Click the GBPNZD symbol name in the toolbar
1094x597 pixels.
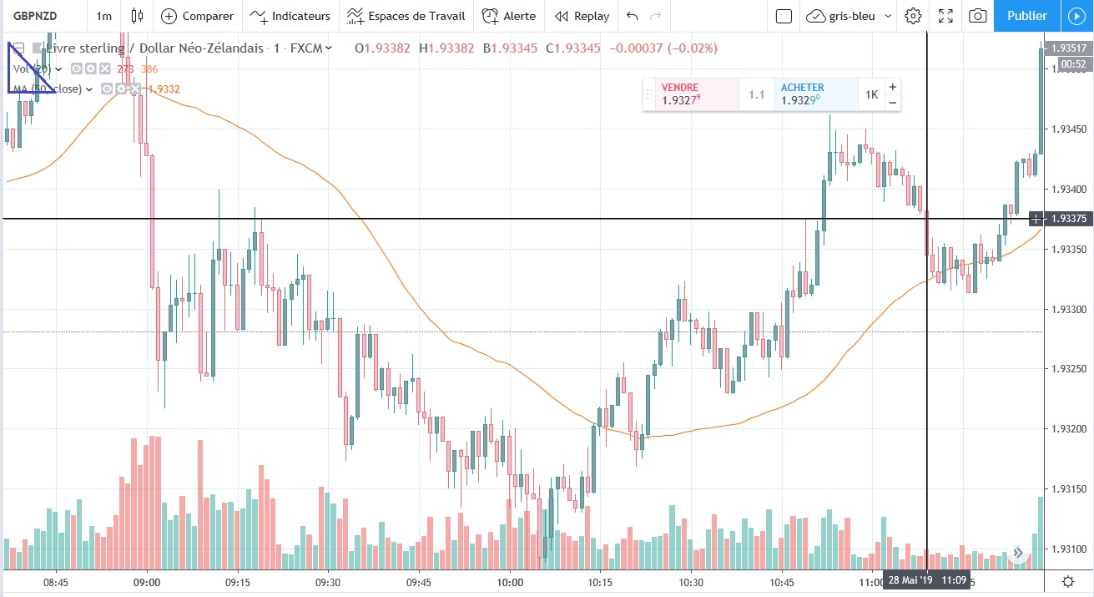(37, 16)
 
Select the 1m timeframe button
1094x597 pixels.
(104, 16)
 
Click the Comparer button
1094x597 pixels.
(197, 16)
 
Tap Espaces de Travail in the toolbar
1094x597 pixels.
(406, 16)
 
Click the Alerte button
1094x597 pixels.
(509, 16)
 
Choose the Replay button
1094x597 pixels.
(582, 16)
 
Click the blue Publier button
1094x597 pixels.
(1026, 16)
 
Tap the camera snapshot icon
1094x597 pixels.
(978, 16)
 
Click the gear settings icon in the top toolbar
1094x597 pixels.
(913, 16)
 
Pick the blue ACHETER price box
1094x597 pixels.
(816, 94)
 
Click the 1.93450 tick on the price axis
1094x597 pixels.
(1069, 129)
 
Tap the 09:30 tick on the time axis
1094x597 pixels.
(328, 582)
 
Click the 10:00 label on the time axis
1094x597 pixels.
(509, 582)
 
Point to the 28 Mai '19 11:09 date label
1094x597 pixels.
(926, 580)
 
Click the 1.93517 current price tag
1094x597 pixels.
(1069, 48)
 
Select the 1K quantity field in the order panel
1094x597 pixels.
(871, 94)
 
